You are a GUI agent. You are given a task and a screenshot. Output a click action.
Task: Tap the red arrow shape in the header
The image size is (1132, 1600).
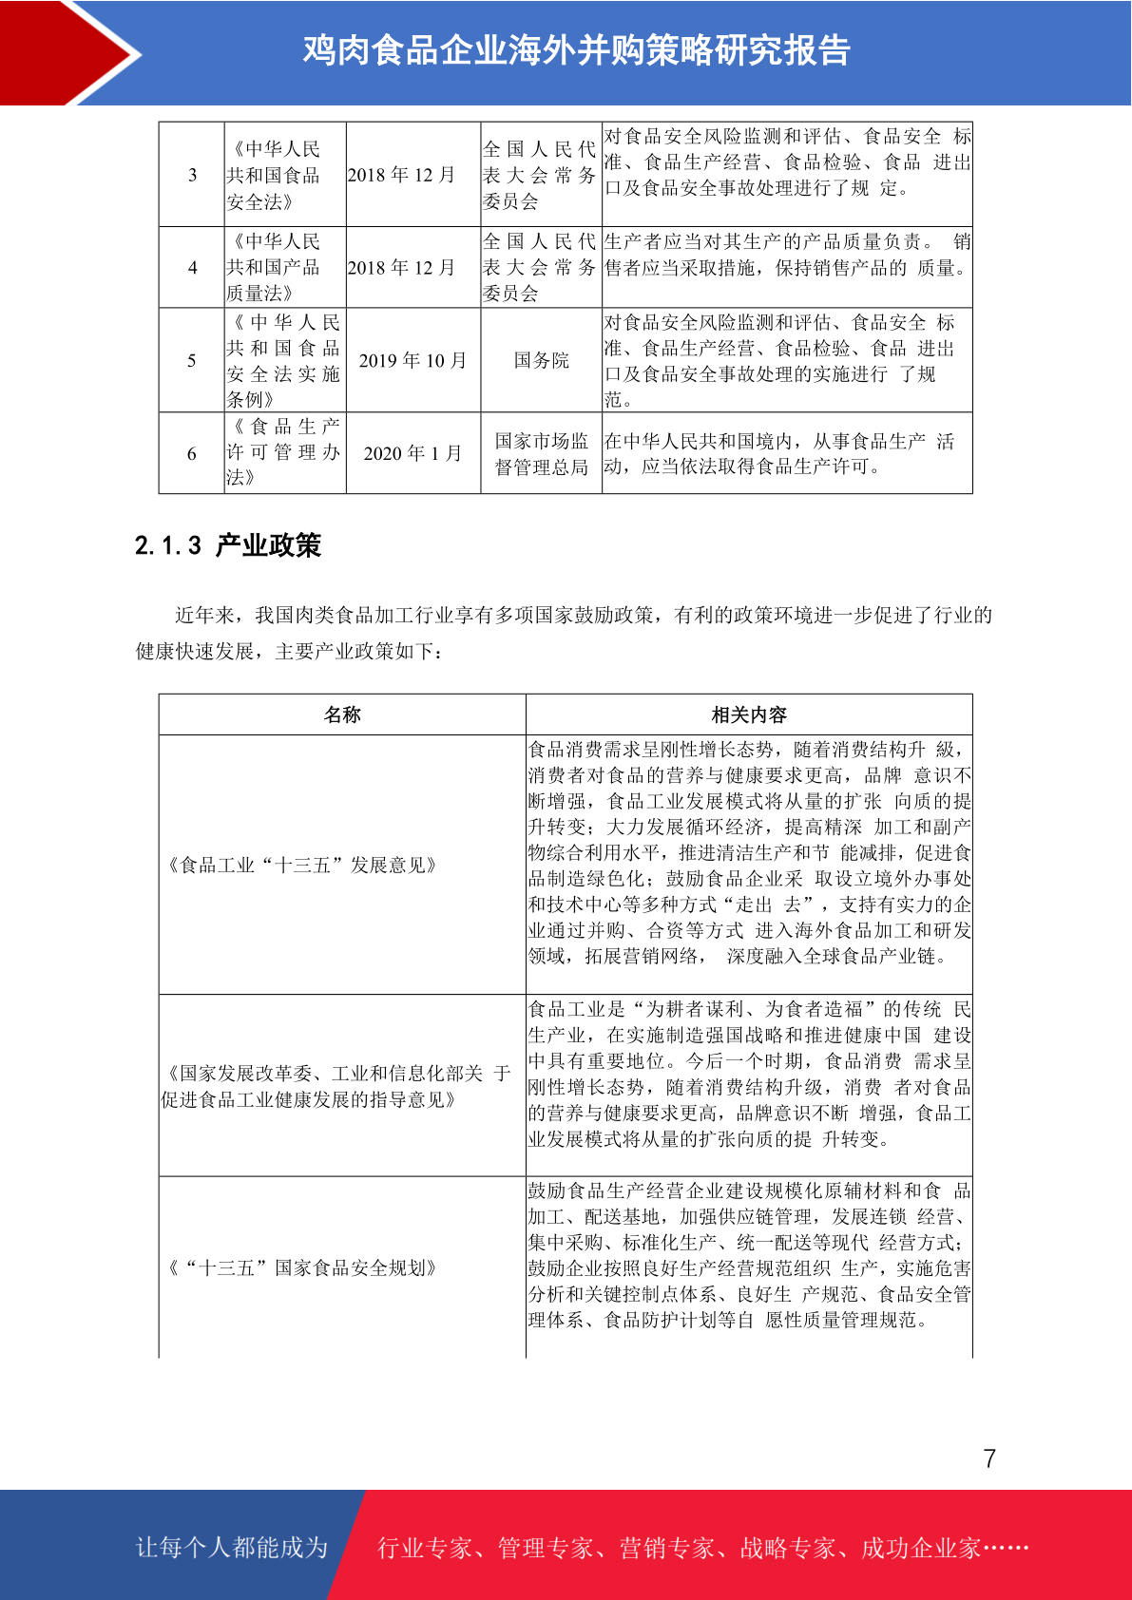pyautogui.click(x=67, y=52)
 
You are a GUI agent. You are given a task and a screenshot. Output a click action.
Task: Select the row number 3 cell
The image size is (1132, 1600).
pyautogui.click(x=192, y=175)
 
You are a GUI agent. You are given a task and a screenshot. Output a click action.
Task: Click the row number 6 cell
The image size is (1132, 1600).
pyautogui.click(x=192, y=453)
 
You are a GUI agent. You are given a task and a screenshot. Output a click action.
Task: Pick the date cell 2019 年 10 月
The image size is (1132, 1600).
pyautogui.click(x=413, y=360)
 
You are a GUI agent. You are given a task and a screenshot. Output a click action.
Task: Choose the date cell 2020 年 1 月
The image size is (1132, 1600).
pyautogui.click(x=413, y=453)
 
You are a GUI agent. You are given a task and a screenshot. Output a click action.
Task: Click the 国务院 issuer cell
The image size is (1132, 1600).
pyautogui.click(x=541, y=360)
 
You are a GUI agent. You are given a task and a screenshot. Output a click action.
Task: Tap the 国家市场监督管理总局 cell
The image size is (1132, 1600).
pyautogui.click(x=541, y=453)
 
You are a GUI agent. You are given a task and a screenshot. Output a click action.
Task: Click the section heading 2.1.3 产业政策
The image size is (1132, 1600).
pyautogui.click(x=228, y=545)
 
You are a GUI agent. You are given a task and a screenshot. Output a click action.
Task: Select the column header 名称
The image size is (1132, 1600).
pyautogui.click(x=342, y=714)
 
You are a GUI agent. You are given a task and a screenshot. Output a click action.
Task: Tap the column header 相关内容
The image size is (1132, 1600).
pyautogui.click(x=749, y=714)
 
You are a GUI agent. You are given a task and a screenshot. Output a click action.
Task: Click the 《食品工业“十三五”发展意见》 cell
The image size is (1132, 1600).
pyautogui.click(x=302, y=865)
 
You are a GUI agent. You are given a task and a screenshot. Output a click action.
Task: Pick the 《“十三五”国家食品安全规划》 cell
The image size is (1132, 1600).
pyautogui.click(x=302, y=1267)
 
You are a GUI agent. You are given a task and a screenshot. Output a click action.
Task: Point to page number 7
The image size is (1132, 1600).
pyautogui.click(x=989, y=1458)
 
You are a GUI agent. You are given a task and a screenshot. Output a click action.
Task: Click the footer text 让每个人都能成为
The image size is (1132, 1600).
pyautogui.click(x=232, y=1548)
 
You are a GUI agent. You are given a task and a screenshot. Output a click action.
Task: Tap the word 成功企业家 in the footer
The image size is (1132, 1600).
pyautogui.click(x=920, y=1548)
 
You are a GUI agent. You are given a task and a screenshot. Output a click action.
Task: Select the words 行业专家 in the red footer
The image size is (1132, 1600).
pyautogui.click(x=425, y=1548)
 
